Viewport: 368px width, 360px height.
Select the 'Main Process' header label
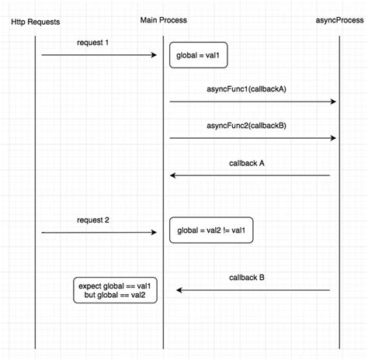point(164,19)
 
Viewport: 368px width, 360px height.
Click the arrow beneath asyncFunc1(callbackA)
point(252,102)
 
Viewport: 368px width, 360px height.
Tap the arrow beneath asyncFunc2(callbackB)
point(252,138)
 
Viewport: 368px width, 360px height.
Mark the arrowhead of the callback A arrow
point(174,175)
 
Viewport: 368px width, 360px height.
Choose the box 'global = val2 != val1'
point(211,231)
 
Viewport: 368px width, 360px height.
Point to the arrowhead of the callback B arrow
point(180,290)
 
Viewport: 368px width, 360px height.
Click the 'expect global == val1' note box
point(115,290)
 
